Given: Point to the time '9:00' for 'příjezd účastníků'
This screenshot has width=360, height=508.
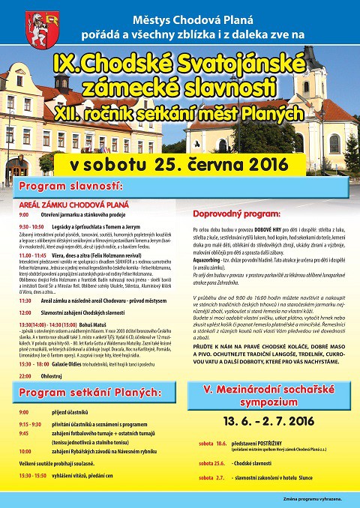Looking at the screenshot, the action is point(24,411).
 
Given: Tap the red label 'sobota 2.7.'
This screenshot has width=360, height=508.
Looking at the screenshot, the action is point(211,477).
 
